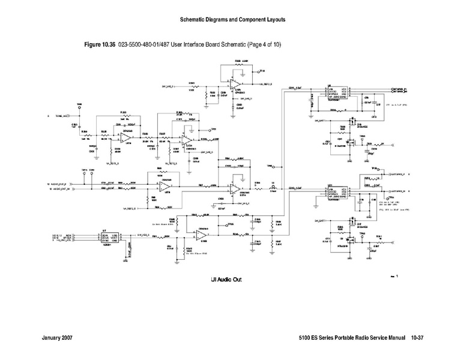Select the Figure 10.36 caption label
[x=101, y=45]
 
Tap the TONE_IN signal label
[x=62, y=115]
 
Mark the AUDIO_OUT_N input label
[x=62, y=188]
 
